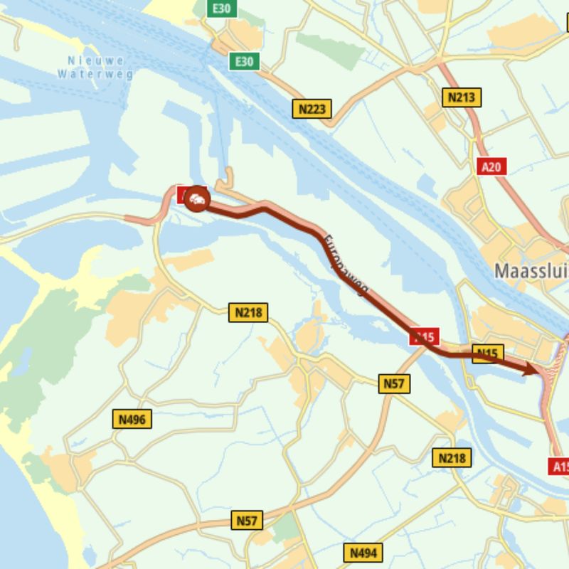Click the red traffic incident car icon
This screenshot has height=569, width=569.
coord(197,201)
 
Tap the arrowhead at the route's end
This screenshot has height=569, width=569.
coord(531,368)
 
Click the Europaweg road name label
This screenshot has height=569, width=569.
coord(346,264)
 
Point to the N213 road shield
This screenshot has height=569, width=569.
coord(462,97)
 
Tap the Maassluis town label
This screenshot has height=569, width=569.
coord(531,271)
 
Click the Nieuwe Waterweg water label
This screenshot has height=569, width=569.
coord(95,67)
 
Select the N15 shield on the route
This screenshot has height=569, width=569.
coord(487,353)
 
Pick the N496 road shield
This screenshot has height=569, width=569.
coord(132,420)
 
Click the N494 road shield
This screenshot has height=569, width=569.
coord(363,553)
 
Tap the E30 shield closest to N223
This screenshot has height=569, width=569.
coord(244,62)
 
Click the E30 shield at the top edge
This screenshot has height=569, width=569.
coord(221,9)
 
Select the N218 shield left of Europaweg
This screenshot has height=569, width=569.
coord(248,312)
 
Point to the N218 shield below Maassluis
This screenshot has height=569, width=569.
coord(452,457)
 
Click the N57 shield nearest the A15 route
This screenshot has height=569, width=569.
coord(394,384)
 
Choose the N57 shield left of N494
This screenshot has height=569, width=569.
coord(247,521)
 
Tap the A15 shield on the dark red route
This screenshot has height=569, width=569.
coord(425,336)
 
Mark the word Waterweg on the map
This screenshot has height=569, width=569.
coord(95,73)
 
